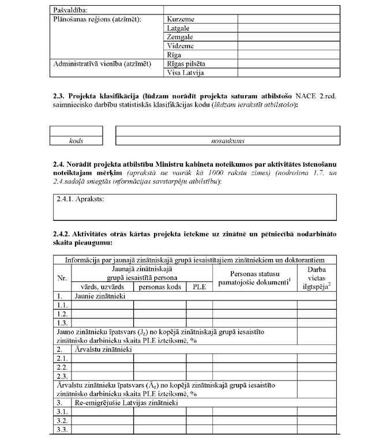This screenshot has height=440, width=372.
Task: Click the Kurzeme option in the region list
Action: click(x=181, y=19)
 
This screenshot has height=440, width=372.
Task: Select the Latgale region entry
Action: click(x=179, y=28)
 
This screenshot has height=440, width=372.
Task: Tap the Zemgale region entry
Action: click(x=181, y=37)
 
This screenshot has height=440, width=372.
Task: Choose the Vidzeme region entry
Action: click(x=181, y=46)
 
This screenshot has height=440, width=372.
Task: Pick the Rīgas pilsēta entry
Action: click(x=186, y=63)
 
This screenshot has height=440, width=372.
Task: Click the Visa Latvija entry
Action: click(x=185, y=73)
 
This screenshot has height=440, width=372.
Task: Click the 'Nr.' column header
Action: click(x=62, y=277)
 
